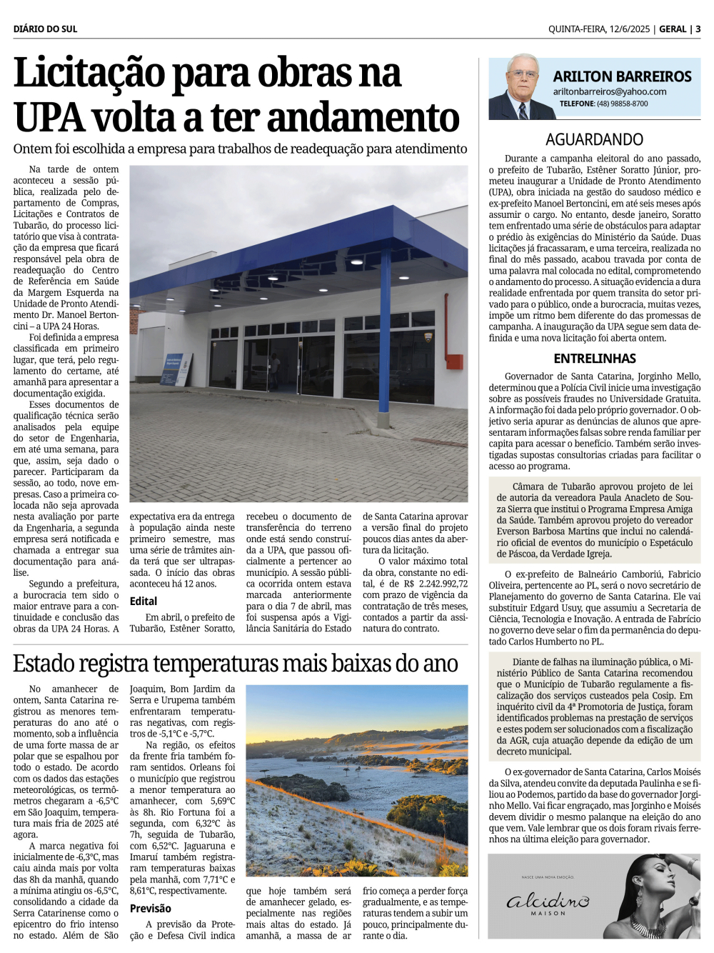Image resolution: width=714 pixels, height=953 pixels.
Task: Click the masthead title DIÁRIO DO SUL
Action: tap(45, 29)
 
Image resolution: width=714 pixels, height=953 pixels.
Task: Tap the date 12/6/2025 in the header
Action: tap(629, 29)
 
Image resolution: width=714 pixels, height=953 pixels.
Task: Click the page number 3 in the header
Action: tap(698, 29)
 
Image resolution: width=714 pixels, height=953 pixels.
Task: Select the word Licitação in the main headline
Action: tap(89, 74)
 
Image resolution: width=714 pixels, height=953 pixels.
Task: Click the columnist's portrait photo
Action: tap(519, 88)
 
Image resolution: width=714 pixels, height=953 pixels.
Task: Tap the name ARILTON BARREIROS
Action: tap(622, 76)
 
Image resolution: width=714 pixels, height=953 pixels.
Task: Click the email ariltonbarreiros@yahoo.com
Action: tap(609, 91)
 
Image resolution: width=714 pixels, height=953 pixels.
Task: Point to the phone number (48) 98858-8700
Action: tap(623, 104)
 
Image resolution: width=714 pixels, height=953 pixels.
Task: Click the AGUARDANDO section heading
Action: tap(594, 139)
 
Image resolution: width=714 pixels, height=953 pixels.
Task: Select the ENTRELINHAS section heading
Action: tap(594, 359)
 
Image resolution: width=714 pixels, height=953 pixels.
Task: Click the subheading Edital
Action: tap(144, 602)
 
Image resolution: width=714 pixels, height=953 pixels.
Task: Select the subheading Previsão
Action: tap(150, 909)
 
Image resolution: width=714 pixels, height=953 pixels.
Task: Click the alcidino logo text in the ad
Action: tap(548, 902)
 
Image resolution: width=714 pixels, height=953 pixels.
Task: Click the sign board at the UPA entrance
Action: tap(176, 370)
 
